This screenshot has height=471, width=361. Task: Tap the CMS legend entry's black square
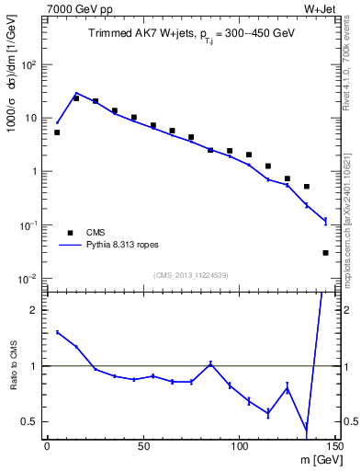point(68,233)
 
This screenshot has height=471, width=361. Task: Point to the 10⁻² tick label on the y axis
point(29,279)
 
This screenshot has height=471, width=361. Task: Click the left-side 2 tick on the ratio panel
point(33,310)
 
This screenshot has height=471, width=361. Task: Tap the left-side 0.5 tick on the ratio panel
point(29,422)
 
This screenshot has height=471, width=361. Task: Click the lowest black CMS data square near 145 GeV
point(325,252)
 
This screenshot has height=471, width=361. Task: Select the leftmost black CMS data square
point(57,132)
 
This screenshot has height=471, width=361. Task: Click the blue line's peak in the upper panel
point(76,93)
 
